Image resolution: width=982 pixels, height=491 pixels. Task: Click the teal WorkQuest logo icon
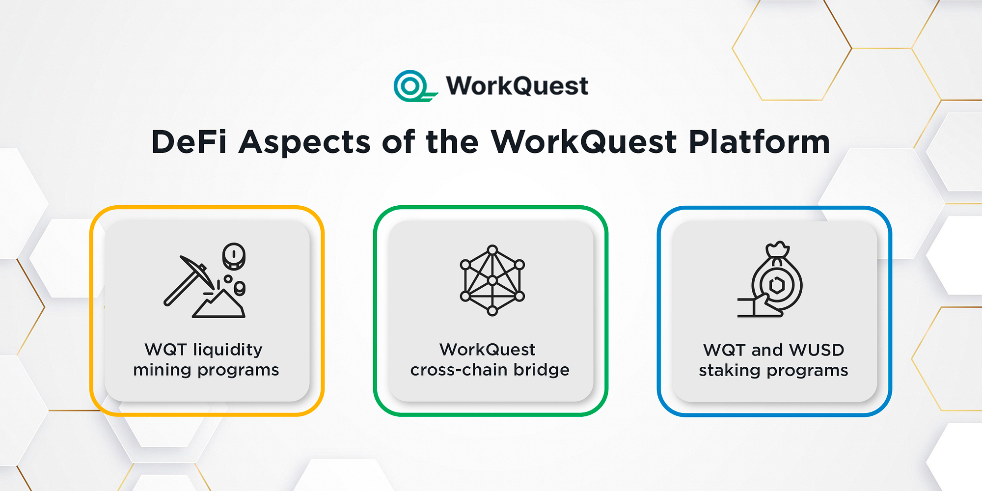click(411, 86)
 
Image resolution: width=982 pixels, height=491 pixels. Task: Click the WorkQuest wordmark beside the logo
click(517, 86)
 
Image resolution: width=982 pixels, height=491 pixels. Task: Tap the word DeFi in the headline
click(189, 142)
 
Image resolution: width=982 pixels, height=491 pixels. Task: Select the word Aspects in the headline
click(304, 142)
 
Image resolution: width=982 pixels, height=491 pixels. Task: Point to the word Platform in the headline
click(759, 142)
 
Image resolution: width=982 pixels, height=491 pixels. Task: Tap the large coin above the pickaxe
click(234, 256)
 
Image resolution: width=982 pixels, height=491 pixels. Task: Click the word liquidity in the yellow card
click(228, 350)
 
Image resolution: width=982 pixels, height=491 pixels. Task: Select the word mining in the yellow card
click(162, 370)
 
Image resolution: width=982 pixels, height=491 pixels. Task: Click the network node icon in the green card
click(492, 280)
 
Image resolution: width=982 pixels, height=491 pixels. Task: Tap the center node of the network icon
click(492, 280)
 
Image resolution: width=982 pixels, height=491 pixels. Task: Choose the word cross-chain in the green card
click(459, 370)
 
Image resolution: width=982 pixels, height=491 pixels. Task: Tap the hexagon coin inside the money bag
click(777, 285)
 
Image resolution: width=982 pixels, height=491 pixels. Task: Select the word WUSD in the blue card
click(817, 350)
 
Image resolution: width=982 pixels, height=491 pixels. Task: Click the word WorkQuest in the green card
click(487, 350)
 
